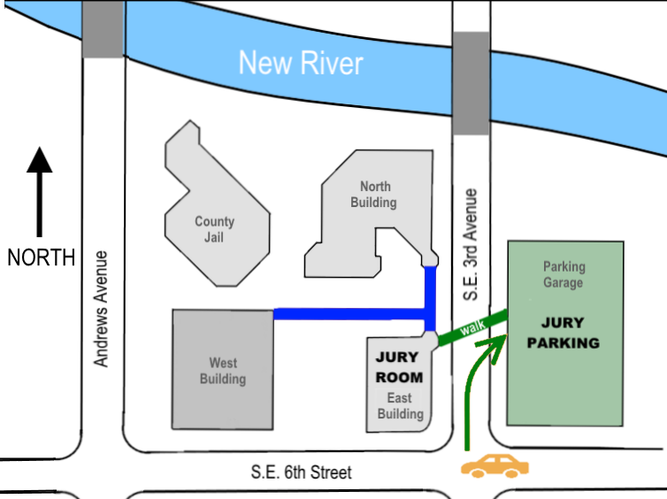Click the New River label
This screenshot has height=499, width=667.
coord(301,64)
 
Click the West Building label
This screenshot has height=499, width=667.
coord(223,371)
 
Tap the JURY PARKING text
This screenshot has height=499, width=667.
coord(563,334)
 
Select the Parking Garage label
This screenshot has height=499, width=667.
coord(563,274)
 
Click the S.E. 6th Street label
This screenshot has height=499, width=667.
coord(298,472)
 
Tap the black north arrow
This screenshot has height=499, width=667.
coord(39,195)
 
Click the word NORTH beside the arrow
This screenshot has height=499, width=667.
coord(41,257)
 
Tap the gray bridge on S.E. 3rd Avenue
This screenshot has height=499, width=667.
coord(471,84)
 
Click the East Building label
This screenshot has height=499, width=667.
coord(401,406)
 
